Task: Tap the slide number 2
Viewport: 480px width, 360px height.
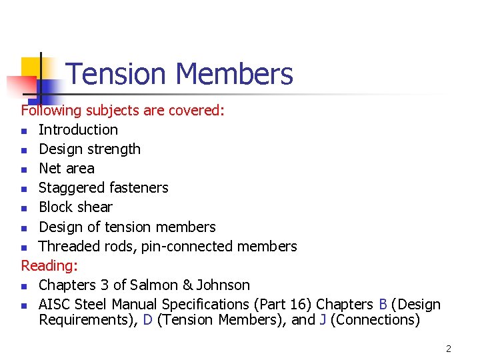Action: pyautogui.click(x=449, y=349)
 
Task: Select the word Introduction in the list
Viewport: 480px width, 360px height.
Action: pyautogui.click(x=78, y=130)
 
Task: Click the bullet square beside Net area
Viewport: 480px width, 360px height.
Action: pyautogui.click(x=25, y=169)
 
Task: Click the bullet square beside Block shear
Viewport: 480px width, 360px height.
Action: pyautogui.click(x=25, y=208)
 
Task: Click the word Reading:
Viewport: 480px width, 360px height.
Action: pyautogui.click(x=49, y=265)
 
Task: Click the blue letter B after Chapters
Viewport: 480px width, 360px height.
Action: pyautogui.click(x=383, y=304)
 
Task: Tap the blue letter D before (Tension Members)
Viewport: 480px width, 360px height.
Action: pyautogui.click(x=148, y=320)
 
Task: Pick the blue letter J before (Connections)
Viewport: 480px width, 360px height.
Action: pyautogui.click(x=323, y=320)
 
